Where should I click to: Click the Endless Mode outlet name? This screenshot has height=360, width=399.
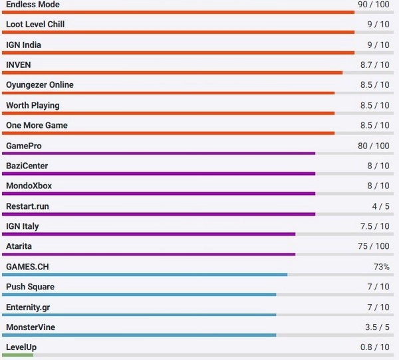[33, 5]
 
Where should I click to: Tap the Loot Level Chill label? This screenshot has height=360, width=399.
[35, 25]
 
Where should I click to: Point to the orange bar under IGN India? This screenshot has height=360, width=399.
[180, 53]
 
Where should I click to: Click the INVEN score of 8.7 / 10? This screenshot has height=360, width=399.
[375, 65]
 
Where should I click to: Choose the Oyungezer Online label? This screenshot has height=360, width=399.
[40, 85]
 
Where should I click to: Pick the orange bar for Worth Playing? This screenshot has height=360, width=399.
[170, 113]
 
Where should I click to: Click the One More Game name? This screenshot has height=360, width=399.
[37, 126]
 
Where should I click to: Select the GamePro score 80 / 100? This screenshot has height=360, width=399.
[374, 146]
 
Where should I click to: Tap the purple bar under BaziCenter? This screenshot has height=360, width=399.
[160, 174]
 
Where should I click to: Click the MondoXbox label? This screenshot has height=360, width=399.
[29, 186]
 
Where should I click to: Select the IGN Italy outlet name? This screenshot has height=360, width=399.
[23, 226]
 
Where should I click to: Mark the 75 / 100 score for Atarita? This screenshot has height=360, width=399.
[374, 247]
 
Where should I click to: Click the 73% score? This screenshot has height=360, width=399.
[382, 267]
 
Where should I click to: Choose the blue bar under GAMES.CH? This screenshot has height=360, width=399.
[146, 275]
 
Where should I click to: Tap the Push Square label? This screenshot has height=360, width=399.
[30, 287]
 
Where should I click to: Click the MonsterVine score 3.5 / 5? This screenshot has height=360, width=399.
[377, 327]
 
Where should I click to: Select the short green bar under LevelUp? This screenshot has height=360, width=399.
[18, 355]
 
